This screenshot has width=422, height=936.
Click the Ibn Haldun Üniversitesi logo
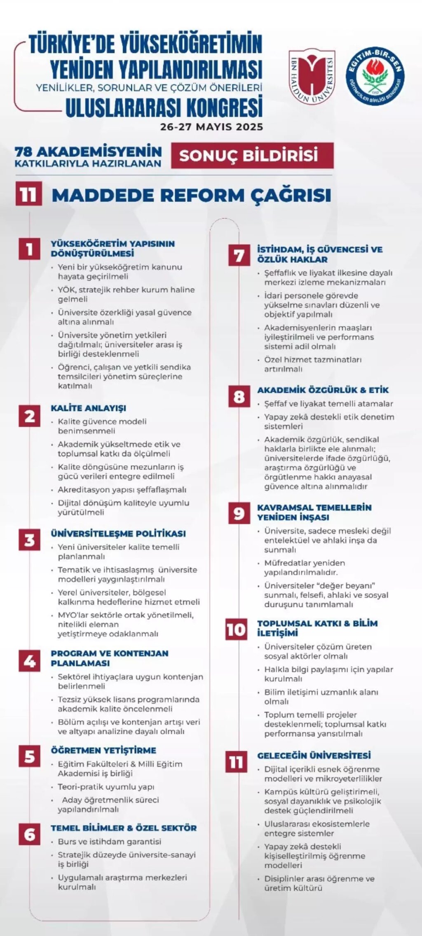pos(312,77)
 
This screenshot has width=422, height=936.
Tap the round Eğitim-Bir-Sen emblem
pos(375,76)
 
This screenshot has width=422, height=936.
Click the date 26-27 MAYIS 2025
pos(211,126)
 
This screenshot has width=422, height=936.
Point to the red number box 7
pos(239,255)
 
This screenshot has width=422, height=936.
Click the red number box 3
pos(29,540)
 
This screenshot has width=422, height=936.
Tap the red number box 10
pos(236,629)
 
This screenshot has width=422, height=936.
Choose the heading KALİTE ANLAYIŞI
pos(88,408)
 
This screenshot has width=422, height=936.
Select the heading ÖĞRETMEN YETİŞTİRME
pos(103,750)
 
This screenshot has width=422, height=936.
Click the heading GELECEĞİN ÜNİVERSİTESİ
pos(314,755)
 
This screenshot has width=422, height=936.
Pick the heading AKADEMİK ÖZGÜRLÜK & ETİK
pos(323,390)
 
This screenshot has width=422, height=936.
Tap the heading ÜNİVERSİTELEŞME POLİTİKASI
pos(118,534)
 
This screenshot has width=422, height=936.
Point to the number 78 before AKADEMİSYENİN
pos(24,151)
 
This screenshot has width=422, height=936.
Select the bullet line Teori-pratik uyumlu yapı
pos(106,787)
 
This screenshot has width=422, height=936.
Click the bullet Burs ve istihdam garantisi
pos(109,841)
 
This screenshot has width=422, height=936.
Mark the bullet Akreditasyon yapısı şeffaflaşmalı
pos(122,489)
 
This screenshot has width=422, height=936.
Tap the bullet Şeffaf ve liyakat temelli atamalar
pos(328,404)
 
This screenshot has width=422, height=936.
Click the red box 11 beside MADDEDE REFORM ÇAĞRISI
pos(29,194)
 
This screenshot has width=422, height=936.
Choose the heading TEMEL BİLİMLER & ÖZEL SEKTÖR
pos(124,828)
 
